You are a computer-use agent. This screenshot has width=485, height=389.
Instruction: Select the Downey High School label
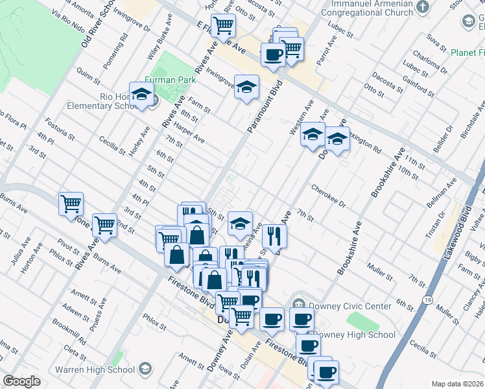tap(355, 335)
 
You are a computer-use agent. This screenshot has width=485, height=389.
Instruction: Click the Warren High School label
tap(95, 370)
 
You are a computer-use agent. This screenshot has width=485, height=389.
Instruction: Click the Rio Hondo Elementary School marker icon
tap(140, 95)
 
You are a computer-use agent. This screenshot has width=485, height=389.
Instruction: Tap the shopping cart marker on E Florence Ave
tap(223, 27)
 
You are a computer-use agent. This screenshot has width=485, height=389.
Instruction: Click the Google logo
tap(21, 381)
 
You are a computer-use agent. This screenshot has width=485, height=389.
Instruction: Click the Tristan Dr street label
tap(443, 224)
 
